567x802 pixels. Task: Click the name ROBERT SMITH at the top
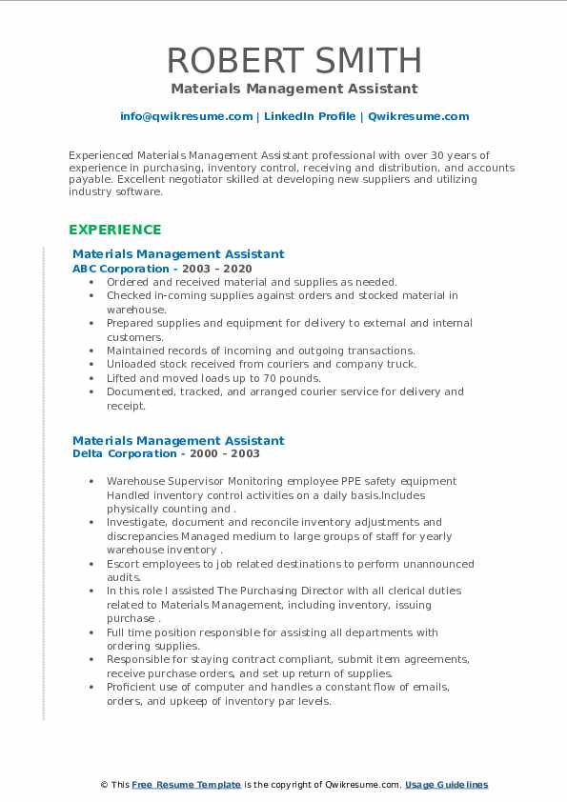[x=294, y=60]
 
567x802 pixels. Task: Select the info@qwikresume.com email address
[x=186, y=116]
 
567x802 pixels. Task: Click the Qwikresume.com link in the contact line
[x=418, y=116]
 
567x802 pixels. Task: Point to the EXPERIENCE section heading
[x=114, y=230]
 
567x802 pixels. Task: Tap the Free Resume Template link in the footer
[x=186, y=785]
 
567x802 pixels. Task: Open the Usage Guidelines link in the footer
[x=446, y=785]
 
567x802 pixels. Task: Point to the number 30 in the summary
[x=376, y=154]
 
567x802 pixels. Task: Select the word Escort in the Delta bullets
[x=125, y=564]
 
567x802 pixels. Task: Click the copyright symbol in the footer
[x=105, y=785]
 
